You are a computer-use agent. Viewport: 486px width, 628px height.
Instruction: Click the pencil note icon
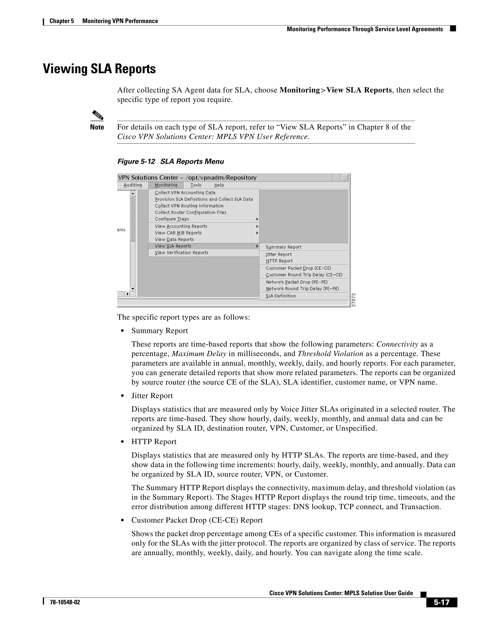tap(97, 116)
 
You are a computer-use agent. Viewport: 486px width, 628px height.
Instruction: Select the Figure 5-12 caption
tap(170, 162)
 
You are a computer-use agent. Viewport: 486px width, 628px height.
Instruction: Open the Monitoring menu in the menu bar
tap(166, 185)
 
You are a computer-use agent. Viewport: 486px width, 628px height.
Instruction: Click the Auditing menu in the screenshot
tap(133, 185)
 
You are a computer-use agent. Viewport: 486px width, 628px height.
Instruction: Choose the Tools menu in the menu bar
tap(196, 185)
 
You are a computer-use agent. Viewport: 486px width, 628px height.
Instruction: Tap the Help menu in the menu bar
tap(219, 185)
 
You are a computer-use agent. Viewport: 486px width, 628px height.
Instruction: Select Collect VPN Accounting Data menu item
tap(185, 193)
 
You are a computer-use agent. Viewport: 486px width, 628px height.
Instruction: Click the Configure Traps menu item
tap(172, 219)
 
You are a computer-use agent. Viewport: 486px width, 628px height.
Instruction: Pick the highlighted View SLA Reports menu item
tap(173, 246)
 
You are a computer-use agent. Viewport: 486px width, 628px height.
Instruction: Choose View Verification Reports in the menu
tap(181, 253)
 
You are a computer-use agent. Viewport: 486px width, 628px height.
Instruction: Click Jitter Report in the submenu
tap(279, 255)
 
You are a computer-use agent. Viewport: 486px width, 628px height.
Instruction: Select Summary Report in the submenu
tap(283, 247)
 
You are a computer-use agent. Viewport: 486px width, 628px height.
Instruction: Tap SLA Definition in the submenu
tap(281, 296)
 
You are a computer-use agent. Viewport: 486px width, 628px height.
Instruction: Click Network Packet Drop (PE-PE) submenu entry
tap(297, 282)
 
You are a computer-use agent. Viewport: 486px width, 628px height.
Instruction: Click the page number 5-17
tap(441, 602)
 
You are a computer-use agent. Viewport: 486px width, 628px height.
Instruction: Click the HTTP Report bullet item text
tap(154, 442)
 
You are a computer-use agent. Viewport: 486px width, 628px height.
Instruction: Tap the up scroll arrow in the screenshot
tap(133, 194)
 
